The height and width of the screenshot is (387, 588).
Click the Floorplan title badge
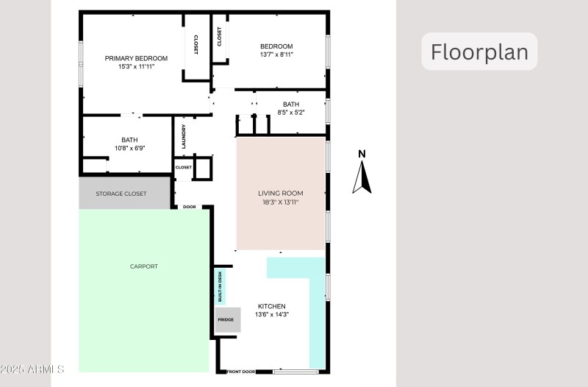(x=479, y=52)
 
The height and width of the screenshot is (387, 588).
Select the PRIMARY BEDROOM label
(x=136, y=58)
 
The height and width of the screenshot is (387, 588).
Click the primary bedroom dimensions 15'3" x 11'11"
(x=136, y=66)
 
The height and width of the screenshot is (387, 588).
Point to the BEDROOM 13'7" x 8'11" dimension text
(x=276, y=54)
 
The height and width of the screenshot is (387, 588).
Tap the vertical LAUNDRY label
(x=184, y=135)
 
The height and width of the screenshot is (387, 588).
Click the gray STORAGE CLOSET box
(x=121, y=193)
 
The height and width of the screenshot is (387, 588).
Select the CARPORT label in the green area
(x=143, y=266)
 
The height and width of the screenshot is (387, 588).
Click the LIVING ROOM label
(x=279, y=193)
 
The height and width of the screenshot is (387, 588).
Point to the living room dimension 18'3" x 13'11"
(x=279, y=202)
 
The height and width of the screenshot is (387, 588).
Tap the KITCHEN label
(x=271, y=306)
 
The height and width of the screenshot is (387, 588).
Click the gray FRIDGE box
(x=226, y=320)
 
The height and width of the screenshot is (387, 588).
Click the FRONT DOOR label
(x=241, y=372)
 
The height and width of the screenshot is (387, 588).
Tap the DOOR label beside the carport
(x=189, y=207)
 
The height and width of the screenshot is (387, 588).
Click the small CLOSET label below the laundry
(x=183, y=167)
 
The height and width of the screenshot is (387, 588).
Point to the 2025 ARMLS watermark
(x=33, y=368)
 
